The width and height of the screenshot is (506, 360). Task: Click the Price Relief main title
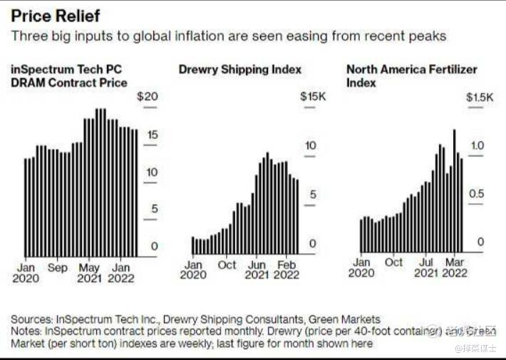(x=56, y=15)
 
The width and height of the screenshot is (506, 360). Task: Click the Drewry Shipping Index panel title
(x=239, y=69)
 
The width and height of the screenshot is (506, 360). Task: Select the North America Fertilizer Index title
(x=411, y=76)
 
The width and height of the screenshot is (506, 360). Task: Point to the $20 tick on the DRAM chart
(x=148, y=96)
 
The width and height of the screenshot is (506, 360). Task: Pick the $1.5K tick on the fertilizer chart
(x=479, y=96)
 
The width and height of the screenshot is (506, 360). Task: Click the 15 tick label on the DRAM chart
(x=152, y=135)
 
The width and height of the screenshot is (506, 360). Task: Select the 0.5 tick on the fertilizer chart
(x=476, y=194)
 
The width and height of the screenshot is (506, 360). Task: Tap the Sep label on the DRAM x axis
(x=58, y=268)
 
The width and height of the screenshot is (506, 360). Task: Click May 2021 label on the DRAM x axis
(x=89, y=273)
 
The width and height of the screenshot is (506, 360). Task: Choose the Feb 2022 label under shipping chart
(x=286, y=269)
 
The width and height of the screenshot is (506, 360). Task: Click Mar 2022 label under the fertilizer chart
(x=454, y=267)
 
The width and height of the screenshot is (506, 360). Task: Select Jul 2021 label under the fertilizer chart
(x=425, y=267)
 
